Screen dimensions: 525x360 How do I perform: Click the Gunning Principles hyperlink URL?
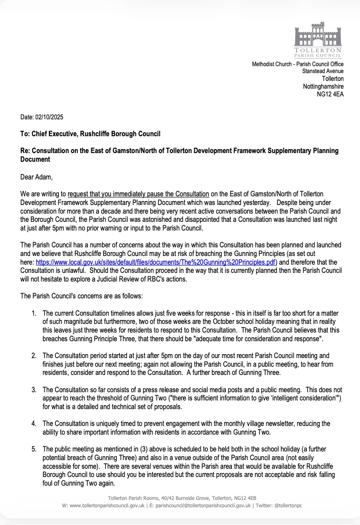[x=156, y=262]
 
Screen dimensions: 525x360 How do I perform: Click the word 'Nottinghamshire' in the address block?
[x=323, y=86]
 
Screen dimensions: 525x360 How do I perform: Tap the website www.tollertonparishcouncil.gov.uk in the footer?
[x=107, y=505]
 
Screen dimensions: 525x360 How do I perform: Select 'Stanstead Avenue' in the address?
[x=323, y=71]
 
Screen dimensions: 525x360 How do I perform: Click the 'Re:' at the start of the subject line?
[x=25, y=150]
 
